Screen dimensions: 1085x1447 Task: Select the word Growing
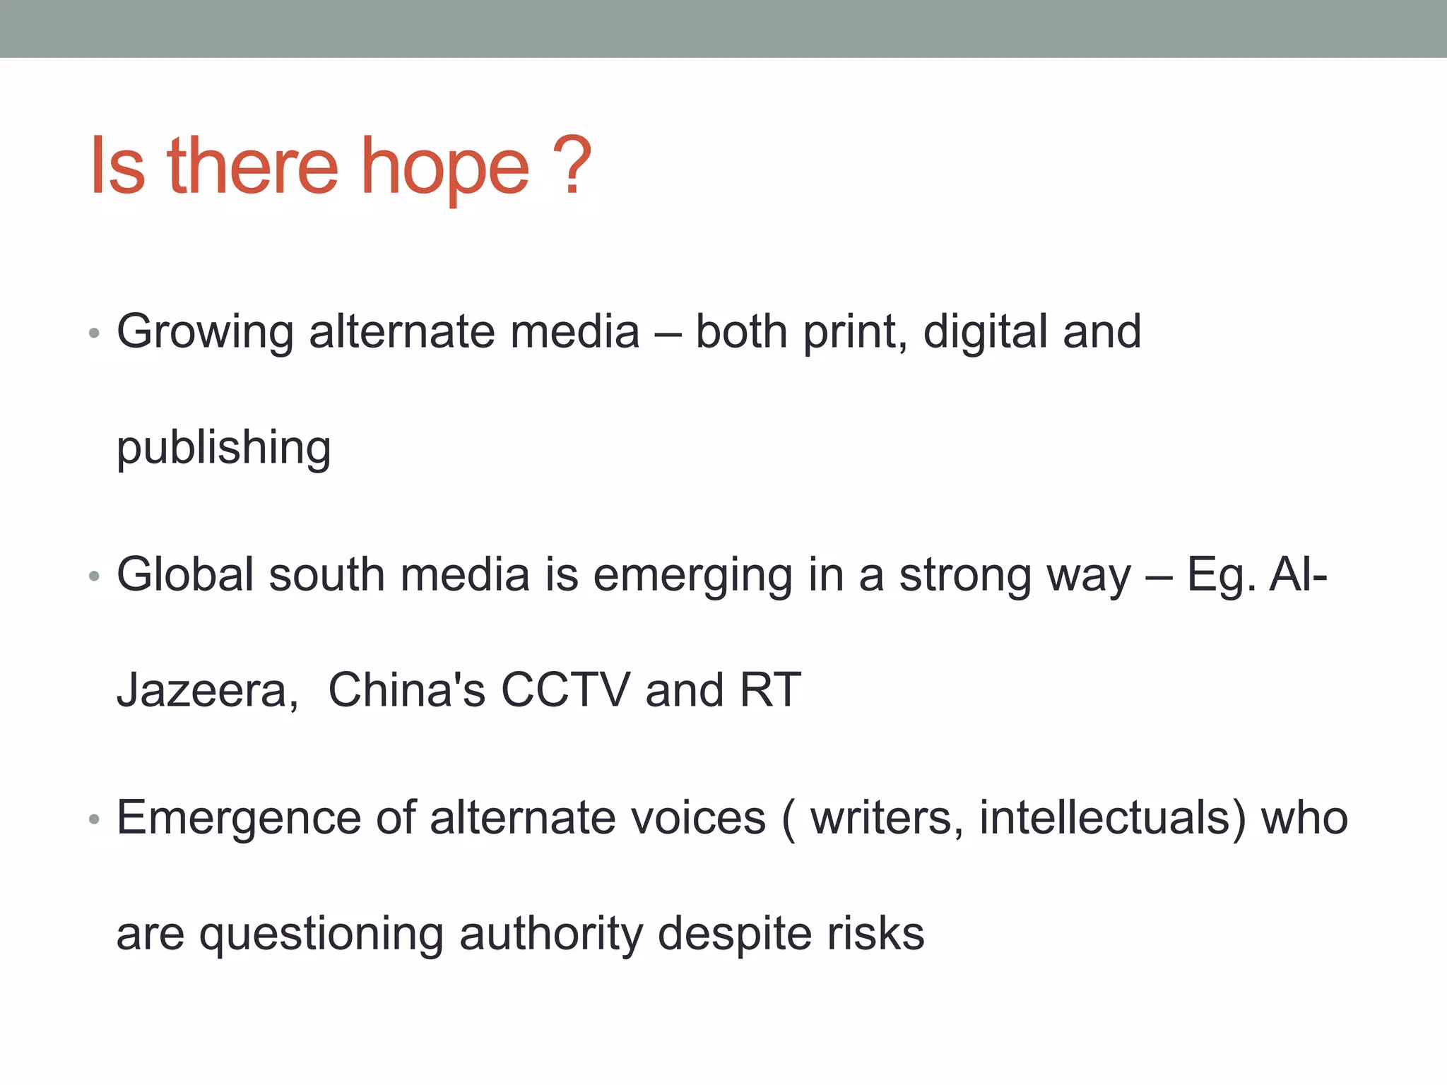tap(205, 332)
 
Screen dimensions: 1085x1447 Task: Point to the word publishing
tap(223, 448)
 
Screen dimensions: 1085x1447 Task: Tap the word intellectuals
tap(1112, 817)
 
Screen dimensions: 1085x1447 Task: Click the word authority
tap(551, 934)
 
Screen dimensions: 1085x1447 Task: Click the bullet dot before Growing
tap(95, 333)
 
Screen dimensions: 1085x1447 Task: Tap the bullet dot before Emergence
tap(95, 819)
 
